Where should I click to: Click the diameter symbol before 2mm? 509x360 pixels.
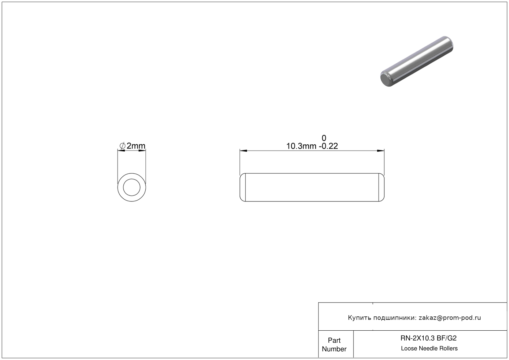tap(122, 146)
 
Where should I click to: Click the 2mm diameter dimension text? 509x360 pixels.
tap(136, 146)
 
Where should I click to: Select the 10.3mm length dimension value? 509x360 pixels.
tap(301, 146)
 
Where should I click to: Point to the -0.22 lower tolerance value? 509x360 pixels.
tap(328, 146)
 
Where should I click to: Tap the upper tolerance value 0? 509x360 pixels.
tap(324, 138)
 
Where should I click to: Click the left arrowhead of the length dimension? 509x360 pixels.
tap(243, 150)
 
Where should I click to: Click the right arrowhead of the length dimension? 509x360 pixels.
tap(381, 150)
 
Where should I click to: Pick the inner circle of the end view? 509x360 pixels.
tap(131, 179)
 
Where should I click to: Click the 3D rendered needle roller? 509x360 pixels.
tap(417, 61)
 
